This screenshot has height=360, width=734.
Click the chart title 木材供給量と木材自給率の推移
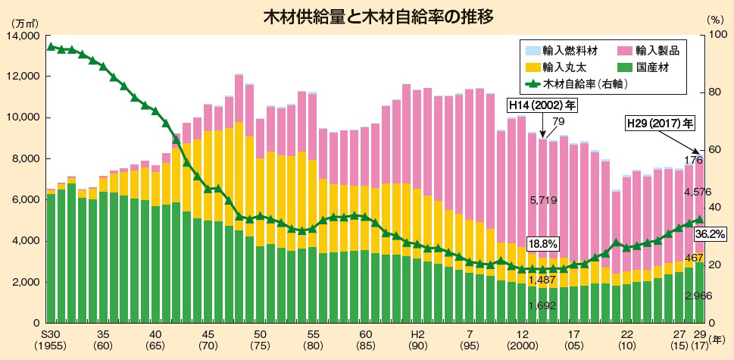tap(366, 17)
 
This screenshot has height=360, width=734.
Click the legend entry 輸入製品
tap(657, 52)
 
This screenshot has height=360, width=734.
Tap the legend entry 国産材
tap(651, 67)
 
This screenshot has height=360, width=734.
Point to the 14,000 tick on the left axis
tap(24, 36)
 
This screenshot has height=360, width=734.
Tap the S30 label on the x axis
tap(51, 334)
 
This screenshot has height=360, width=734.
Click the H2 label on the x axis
tap(417, 334)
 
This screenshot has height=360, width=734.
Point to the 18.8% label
tap(543, 244)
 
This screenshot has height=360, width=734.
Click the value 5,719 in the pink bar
tap(542, 200)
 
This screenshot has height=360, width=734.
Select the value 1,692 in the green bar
tap(542, 306)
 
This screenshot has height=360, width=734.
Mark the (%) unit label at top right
tap(715, 23)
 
